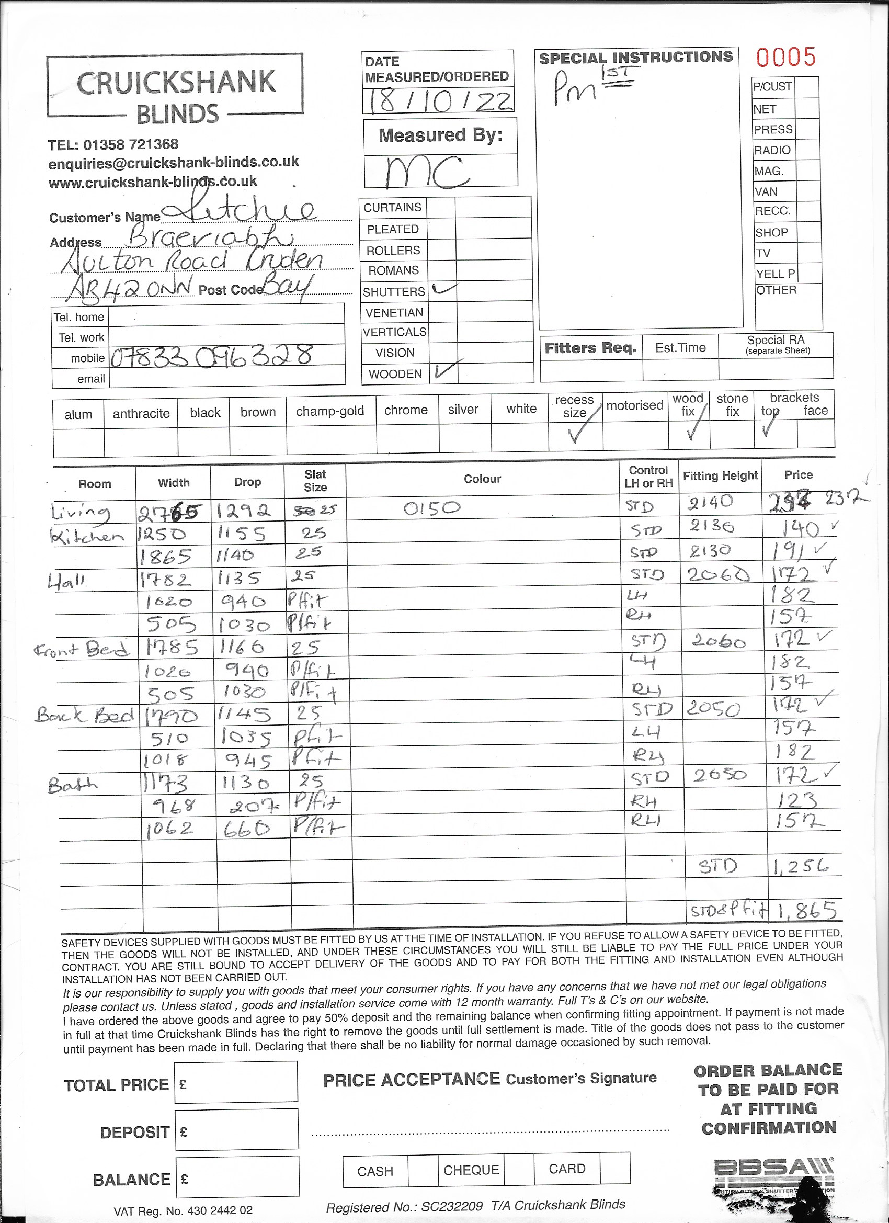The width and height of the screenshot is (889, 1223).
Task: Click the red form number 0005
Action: coord(785,57)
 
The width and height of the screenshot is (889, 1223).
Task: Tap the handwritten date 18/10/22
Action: coord(438,101)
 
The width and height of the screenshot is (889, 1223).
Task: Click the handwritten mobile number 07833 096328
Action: coord(212,356)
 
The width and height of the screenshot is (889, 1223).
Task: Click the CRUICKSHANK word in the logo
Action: coord(176,83)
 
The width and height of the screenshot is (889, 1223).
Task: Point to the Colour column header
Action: coord(482,479)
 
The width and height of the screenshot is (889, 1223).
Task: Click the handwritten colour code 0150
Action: coord(432,507)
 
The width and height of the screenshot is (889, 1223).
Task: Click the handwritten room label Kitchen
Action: coord(87,536)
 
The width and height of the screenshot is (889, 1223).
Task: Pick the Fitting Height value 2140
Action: coord(711,503)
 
